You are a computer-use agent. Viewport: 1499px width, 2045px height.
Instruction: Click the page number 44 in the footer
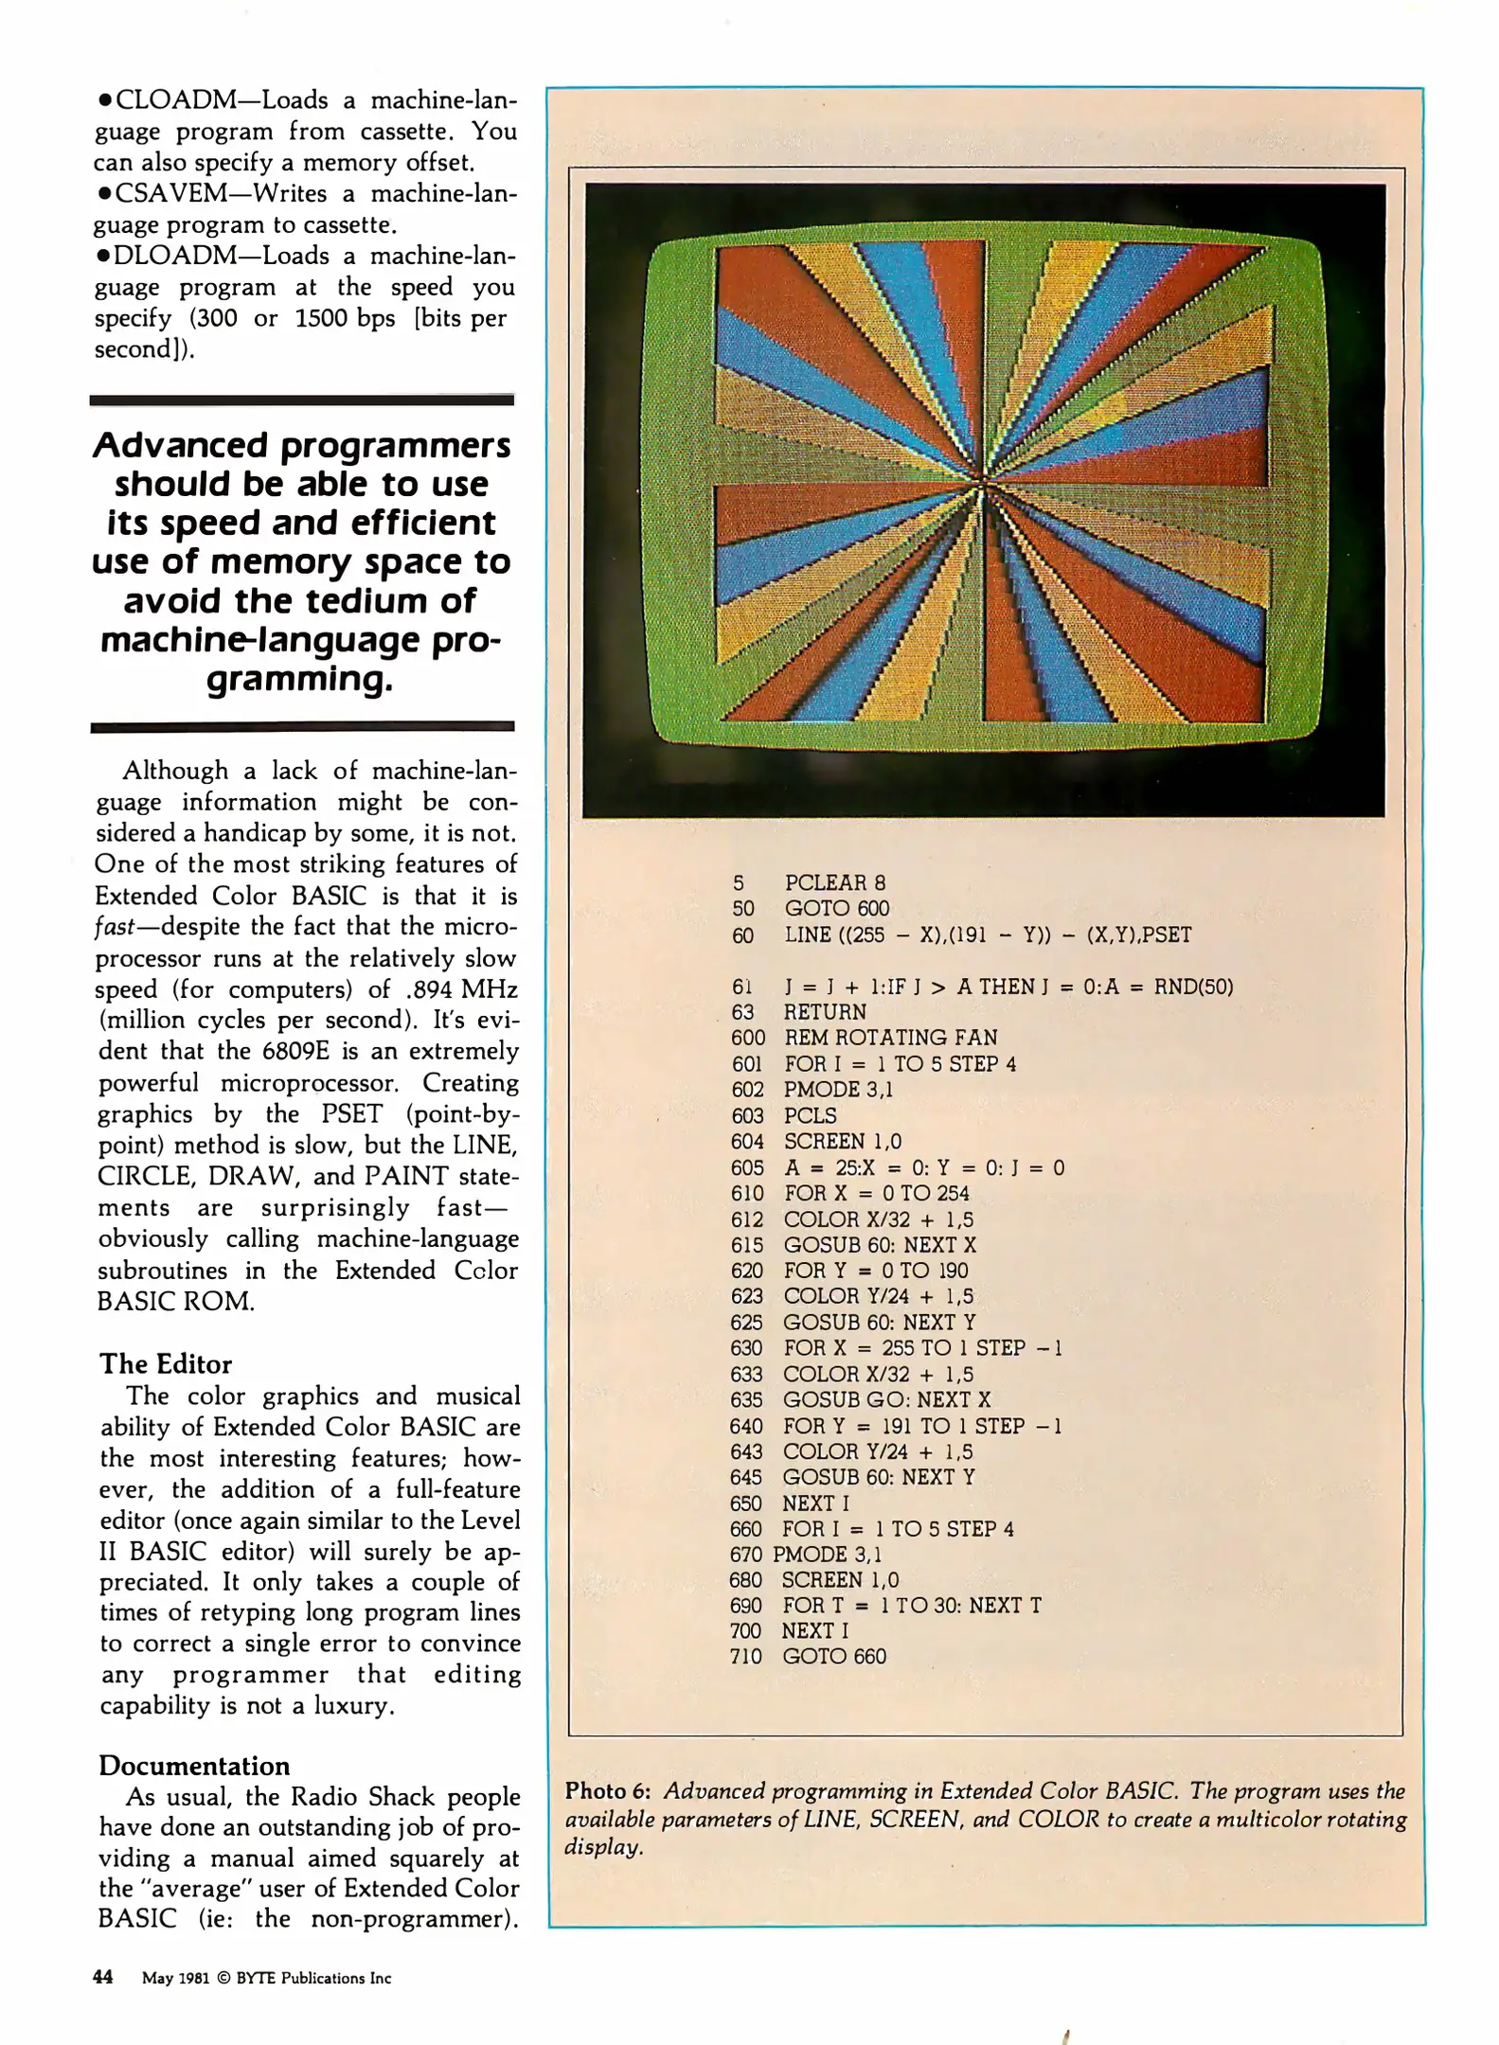point(102,1977)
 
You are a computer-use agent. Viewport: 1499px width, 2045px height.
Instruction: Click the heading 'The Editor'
point(166,1364)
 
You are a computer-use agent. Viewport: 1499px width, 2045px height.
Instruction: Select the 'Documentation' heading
point(194,1766)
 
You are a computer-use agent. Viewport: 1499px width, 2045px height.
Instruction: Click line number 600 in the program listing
point(747,1038)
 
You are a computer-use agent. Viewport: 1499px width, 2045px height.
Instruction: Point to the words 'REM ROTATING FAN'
point(890,1038)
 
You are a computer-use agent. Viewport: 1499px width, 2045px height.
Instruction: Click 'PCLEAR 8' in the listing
point(834,883)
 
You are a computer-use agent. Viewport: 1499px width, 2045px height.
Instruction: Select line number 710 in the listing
point(745,1656)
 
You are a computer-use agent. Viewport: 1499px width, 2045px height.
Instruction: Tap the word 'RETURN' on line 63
point(824,1012)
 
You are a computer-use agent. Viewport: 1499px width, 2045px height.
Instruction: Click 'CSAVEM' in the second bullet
point(172,194)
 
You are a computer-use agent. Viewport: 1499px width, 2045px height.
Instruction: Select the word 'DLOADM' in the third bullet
point(173,257)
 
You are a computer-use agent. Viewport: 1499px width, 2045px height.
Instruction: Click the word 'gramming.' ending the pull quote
point(299,679)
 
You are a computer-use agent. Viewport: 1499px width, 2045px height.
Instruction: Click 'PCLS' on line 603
point(810,1115)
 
